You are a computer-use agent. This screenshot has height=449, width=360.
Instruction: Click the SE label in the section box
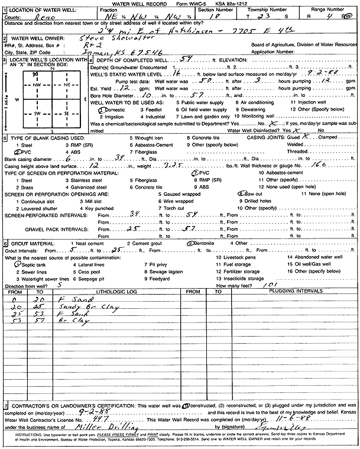[x=66, y=112]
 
